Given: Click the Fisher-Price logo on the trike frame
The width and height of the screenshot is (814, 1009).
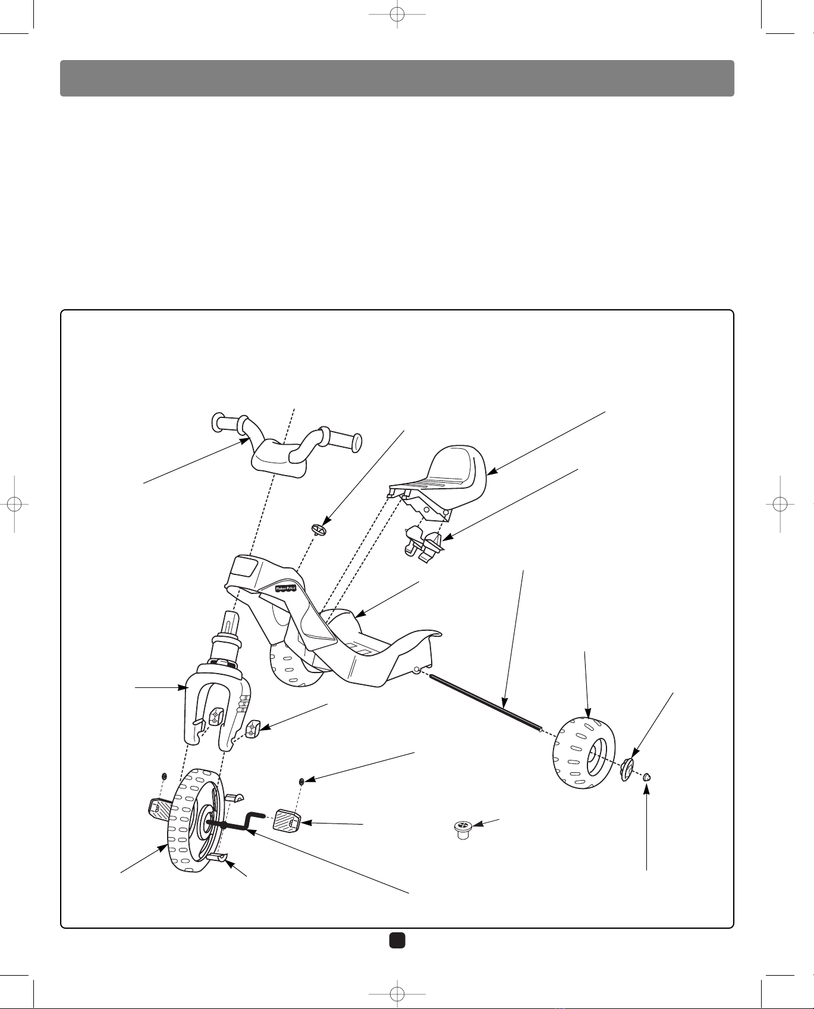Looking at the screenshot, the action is coord(285,588).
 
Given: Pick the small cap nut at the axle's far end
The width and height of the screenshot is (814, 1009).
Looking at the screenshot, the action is coord(648,775).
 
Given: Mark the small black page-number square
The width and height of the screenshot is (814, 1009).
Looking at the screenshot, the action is coord(397,939).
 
